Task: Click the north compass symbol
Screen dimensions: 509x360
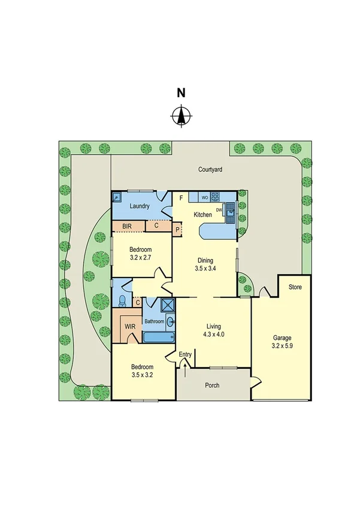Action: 180,115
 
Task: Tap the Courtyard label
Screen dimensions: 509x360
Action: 210,170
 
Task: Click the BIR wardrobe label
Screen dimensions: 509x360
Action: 127,226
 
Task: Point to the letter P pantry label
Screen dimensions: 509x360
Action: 177,229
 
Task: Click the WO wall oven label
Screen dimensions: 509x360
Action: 204,197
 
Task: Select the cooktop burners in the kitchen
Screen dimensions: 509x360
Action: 215,196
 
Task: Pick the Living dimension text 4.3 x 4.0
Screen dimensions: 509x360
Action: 213,335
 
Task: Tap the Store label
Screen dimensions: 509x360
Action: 295,287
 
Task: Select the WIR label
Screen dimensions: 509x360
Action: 129,326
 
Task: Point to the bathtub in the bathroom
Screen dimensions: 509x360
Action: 158,336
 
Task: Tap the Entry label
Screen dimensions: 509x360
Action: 185,354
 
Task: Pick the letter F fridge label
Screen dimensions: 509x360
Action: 180,196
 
